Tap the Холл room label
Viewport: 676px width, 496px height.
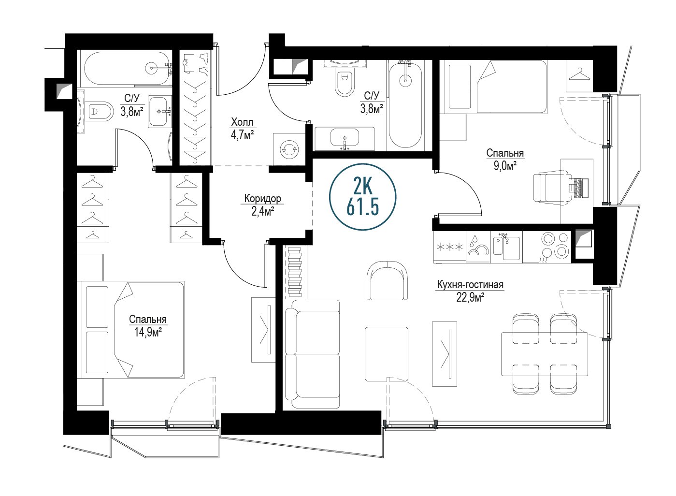pos(242,122)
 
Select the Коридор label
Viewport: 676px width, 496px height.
pos(262,198)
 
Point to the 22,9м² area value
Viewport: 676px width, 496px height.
pos(470,298)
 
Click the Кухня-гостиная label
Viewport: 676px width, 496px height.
pos(470,285)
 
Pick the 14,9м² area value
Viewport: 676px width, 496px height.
pos(148,333)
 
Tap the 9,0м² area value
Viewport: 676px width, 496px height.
pos(505,166)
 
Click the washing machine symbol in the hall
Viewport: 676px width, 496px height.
pos(289,149)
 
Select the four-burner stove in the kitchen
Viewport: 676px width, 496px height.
pos(555,247)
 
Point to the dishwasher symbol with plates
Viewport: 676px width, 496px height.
pos(478,247)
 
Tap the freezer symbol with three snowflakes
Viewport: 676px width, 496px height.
pos(450,247)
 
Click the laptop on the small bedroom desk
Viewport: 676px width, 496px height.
pos(579,188)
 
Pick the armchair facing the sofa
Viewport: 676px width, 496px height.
pos(388,280)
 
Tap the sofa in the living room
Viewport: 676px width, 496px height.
pos(312,354)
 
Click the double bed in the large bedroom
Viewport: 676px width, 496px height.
pos(130,329)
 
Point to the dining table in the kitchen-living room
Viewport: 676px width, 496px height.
pos(545,354)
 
